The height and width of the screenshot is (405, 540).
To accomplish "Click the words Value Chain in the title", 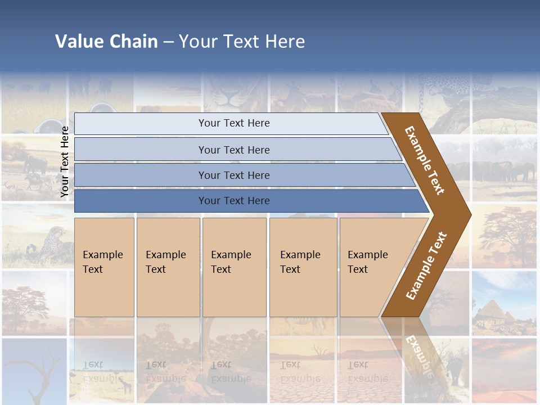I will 106,42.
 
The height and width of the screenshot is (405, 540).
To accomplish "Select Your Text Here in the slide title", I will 242,42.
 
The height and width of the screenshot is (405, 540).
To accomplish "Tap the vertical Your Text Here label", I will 65,162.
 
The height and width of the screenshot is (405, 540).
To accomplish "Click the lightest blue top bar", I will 233,123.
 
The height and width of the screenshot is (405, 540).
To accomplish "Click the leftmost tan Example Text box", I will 104,267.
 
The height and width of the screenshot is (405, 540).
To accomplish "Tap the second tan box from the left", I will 168,267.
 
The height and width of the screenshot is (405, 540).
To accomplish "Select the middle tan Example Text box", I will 234,267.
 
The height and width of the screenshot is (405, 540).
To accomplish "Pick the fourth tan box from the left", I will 303,267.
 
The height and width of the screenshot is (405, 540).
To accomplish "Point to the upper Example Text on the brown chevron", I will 425,160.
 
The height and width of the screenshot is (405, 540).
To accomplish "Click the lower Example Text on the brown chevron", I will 426,266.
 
